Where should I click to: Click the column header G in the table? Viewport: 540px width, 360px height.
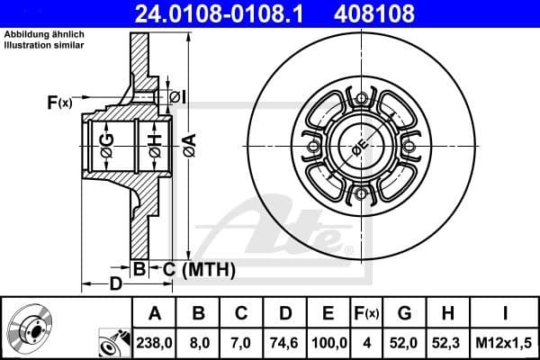[x=403, y=314]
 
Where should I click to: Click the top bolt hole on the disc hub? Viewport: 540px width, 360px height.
[x=362, y=98]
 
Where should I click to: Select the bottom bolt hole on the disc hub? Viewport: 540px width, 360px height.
[x=362, y=193]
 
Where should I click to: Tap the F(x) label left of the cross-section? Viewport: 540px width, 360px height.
[x=58, y=103]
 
